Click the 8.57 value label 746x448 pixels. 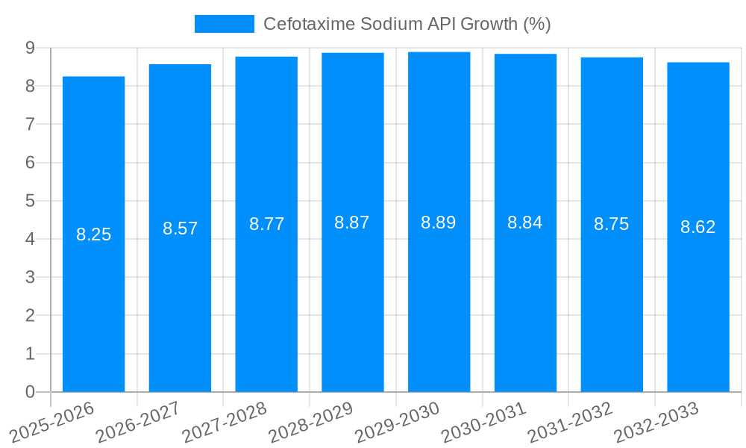click(180, 228)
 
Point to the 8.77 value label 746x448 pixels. click(266, 224)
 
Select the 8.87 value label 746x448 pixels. click(352, 223)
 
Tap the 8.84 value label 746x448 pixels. click(525, 223)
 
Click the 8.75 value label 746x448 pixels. click(611, 224)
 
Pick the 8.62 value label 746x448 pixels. click(698, 227)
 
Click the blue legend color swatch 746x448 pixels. click(224, 24)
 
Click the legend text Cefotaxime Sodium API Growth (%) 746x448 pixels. click(407, 24)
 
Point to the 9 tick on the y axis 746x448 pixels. click(30, 48)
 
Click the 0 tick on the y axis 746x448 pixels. click(30, 392)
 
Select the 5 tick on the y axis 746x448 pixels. click(30, 201)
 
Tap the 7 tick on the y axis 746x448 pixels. click(30, 124)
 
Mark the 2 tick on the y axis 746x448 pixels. click(30, 316)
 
